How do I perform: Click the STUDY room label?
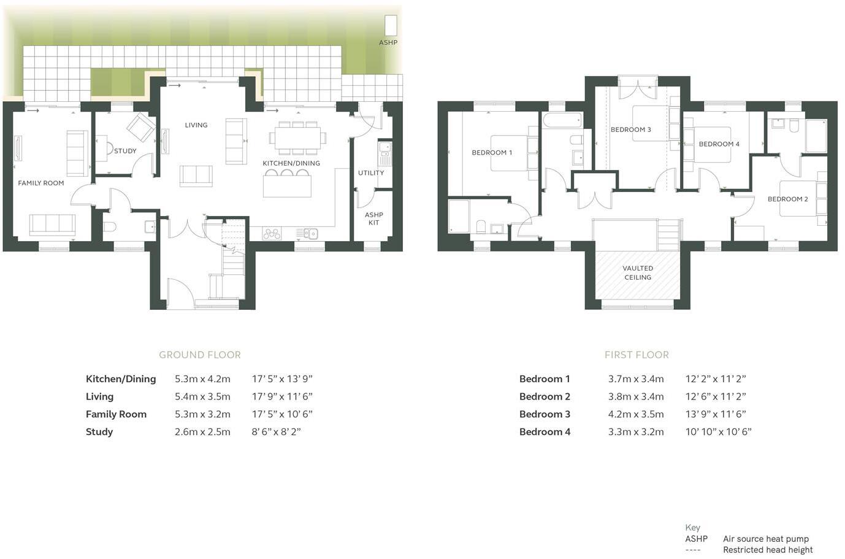click(125, 151)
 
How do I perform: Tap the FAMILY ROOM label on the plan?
click(41, 183)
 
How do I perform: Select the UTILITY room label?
click(371, 173)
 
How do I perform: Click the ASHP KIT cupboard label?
click(374, 218)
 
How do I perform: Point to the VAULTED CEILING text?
click(638, 272)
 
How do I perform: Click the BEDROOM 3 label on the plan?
click(630, 129)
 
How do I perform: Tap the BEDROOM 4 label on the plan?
click(719, 144)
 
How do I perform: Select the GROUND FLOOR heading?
click(200, 355)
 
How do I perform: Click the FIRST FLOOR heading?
click(637, 355)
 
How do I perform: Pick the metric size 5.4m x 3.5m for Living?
click(202, 396)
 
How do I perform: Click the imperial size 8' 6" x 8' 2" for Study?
click(276, 431)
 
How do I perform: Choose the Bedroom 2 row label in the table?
click(545, 396)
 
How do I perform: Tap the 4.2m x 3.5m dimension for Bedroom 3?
click(636, 414)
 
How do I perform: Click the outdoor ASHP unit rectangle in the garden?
click(391, 25)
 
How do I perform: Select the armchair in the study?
click(140, 128)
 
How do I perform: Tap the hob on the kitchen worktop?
click(272, 233)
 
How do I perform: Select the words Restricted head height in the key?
click(768, 550)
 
